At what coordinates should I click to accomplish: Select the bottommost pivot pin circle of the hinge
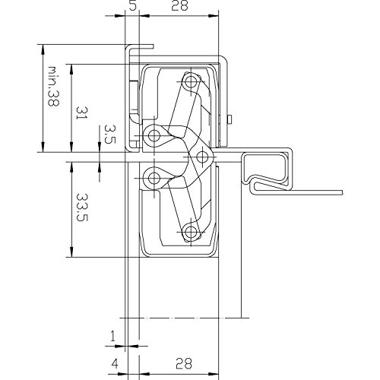coord(190,233)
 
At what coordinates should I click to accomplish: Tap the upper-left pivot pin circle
coord(154,135)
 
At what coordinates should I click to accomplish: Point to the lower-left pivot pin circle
coord(154,179)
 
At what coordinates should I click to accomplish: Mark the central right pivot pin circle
coord(201,157)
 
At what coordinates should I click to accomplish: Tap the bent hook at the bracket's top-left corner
coord(134,50)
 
